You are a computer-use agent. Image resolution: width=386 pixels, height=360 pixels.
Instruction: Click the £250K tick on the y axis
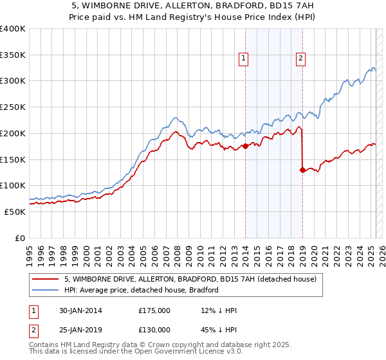coord(13,107)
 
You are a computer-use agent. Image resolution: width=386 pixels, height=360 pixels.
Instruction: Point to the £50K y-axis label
coord(15,212)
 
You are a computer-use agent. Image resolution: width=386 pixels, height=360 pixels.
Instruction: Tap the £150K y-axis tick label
coord(13,159)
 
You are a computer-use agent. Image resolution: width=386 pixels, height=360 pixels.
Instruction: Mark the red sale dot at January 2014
coord(245,146)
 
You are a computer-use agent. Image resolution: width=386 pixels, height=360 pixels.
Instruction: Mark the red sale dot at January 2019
coord(302,170)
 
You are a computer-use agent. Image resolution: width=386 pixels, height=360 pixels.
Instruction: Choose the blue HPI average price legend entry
coord(142,290)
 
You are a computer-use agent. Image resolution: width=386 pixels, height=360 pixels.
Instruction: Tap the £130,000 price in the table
coord(154,330)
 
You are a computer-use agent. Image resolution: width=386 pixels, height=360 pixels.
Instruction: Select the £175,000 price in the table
coord(154,310)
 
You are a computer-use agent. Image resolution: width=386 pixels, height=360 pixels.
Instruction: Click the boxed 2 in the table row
coord(33,330)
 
